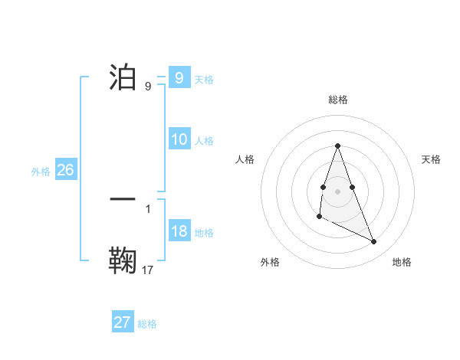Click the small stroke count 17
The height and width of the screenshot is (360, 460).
tap(148, 270)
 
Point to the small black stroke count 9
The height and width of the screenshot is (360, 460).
tap(147, 87)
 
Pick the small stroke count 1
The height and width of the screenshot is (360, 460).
tap(147, 208)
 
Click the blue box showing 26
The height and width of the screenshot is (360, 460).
tap(65, 170)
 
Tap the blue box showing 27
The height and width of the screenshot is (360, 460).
tap(123, 322)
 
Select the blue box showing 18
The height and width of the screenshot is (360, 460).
tap(179, 231)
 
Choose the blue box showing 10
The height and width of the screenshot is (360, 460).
tap(179, 139)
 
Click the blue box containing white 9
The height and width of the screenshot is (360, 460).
tap(179, 78)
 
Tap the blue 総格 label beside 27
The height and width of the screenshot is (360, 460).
tap(147, 324)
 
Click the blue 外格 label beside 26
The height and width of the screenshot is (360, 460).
tap(41, 172)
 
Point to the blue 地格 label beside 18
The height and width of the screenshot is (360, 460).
tap(204, 233)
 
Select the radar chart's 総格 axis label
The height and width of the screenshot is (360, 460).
tap(337, 100)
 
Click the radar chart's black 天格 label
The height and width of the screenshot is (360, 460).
tap(431, 159)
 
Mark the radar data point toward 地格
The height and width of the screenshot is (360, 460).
tap(374, 242)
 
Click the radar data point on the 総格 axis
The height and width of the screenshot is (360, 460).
tap(337, 146)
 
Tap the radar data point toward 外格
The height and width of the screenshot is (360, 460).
tap(319, 217)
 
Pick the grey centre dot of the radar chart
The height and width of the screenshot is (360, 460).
tap(337, 190)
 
